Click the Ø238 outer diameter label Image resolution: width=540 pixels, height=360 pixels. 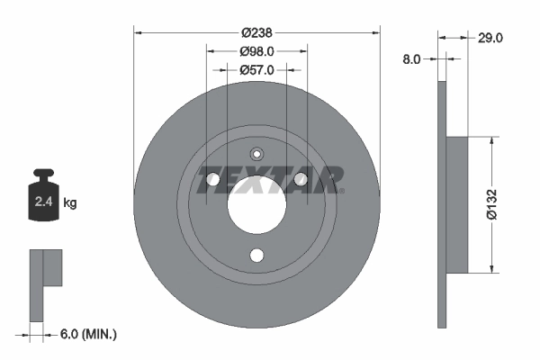tap(256, 31)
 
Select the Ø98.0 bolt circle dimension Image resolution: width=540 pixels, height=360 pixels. tap(256, 51)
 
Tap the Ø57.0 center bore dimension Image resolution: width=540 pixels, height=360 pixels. tap(256, 69)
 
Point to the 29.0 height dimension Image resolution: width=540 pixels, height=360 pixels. tap(490, 38)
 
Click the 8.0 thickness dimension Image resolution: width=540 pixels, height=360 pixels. tap(411, 58)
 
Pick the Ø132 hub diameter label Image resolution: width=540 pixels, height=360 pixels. tap(491, 203)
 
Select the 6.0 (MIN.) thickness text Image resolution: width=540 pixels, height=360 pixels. tap(86, 334)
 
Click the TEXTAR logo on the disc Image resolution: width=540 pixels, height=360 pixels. tap(270, 181)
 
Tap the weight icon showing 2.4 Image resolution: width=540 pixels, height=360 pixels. tap(43, 198)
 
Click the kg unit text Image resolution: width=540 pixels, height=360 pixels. tap(70, 203)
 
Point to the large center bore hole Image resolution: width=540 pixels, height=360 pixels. tap(256, 205)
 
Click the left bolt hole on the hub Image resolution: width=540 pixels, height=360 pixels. tap(213, 181)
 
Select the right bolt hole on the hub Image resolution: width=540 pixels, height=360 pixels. tap(301, 181)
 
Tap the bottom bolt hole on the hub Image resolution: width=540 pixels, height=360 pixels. tap(256, 256)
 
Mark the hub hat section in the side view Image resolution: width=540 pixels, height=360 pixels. tap(456, 204)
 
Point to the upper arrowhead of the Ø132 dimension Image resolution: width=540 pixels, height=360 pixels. tap(491, 140)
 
